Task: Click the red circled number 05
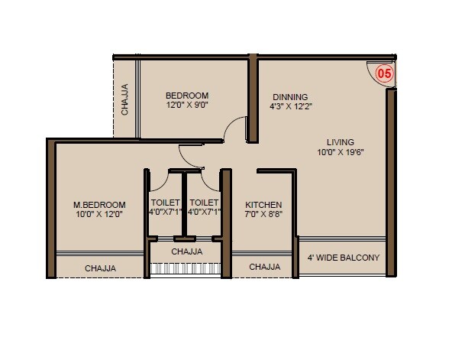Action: (x=385, y=74)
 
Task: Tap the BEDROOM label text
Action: (x=187, y=96)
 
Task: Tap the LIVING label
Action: (x=341, y=142)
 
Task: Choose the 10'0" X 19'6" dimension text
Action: (x=341, y=153)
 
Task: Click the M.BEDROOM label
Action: (x=99, y=205)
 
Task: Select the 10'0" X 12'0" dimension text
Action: (x=99, y=215)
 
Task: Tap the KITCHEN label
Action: (x=264, y=206)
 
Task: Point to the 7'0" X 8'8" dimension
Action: (x=264, y=216)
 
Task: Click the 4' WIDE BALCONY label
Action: (x=343, y=258)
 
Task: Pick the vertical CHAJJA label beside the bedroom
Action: (x=125, y=100)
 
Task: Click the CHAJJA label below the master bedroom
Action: (x=100, y=268)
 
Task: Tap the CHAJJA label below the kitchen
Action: (x=264, y=268)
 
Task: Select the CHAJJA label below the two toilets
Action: (x=186, y=251)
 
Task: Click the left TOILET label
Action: (x=165, y=203)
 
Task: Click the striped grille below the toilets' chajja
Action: (x=186, y=269)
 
